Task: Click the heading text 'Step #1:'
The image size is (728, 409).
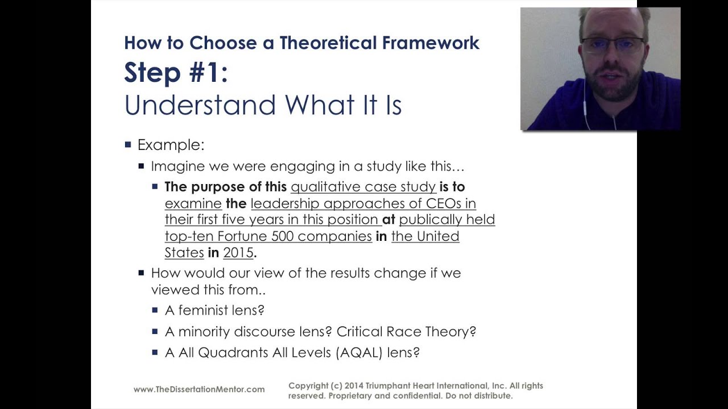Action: (176, 73)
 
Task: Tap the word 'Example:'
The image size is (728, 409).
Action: (171, 145)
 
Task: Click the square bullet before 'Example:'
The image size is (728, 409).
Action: (128, 144)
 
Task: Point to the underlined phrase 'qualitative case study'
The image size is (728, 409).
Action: (363, 187)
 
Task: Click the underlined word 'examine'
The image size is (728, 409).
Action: (193, 203)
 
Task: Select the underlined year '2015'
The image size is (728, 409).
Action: (238, 253)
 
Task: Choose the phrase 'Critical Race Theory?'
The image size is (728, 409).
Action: (406, 331)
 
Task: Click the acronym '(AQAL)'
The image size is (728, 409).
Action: (359, 352)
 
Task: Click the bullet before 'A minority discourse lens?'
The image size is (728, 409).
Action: (155, 331)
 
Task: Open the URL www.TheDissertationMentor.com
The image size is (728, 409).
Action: (199, 389)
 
